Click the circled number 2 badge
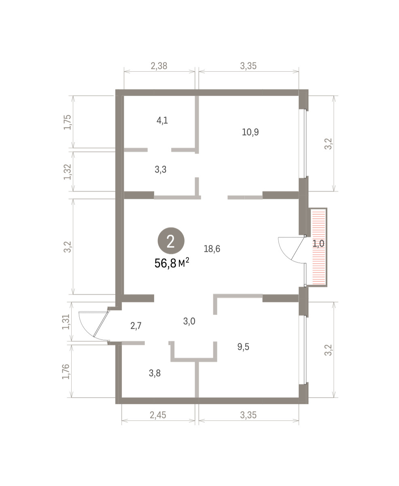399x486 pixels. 171,241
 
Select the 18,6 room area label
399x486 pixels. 212,249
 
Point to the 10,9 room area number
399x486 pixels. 250,132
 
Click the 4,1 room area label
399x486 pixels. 162,120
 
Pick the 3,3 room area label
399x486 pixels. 161,170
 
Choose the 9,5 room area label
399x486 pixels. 243,347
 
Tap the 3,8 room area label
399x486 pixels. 155,373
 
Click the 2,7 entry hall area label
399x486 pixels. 136,326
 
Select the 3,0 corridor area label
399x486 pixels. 189,321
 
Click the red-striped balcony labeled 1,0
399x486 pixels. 318,247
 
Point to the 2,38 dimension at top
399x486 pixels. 159,66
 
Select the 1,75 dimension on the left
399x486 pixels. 68,122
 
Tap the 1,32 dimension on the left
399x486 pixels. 68,172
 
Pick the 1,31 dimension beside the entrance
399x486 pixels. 66,322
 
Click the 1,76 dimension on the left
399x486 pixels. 66,371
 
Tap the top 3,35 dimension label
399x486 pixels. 248,66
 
